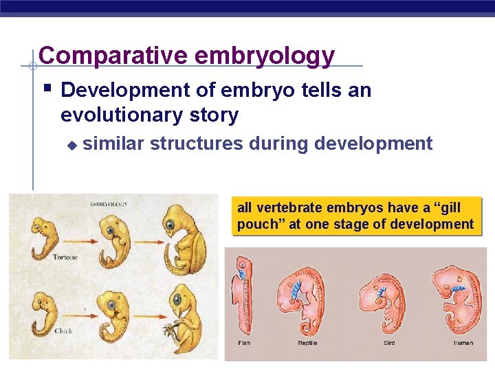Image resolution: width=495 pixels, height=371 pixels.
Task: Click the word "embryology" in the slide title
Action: (265, 56)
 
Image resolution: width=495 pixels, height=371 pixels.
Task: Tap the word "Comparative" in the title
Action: (113, 56)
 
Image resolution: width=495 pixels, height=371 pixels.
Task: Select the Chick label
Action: (63, 330)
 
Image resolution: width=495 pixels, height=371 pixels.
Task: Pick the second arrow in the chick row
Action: (146, 317)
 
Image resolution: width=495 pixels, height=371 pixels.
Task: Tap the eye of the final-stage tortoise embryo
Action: (169, 225)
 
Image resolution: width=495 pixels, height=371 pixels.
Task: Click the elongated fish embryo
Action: (243, 295)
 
